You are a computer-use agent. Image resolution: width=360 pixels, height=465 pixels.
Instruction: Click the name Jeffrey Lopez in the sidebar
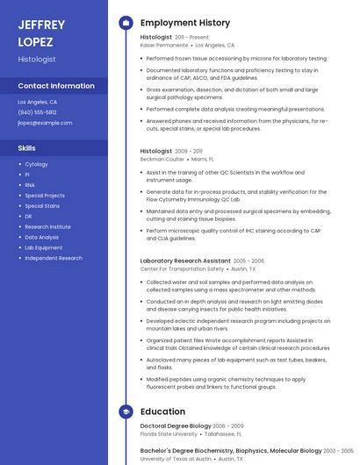pos(41,33)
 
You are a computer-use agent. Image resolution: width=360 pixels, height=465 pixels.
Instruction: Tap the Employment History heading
pos(185,23)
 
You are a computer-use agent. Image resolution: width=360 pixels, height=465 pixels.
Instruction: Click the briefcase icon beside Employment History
pos(126,23)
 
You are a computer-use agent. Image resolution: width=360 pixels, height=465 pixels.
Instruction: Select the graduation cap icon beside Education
pos(126,411)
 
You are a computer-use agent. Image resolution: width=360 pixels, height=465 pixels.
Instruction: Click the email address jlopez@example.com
pos(45,123)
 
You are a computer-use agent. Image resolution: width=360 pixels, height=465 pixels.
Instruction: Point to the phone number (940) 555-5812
pos(37,112)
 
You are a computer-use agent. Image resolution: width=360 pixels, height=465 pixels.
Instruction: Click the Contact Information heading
pos(56,86)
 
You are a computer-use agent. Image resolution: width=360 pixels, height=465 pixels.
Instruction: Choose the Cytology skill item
pos(36,164)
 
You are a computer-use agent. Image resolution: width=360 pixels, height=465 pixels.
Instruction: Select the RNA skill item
pos(30,185)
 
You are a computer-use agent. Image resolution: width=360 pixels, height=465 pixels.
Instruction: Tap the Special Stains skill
pos(42,205)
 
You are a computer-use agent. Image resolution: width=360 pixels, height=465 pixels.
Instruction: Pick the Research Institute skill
pos(47,226)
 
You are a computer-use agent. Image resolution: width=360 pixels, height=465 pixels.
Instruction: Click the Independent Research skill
pos(54,258)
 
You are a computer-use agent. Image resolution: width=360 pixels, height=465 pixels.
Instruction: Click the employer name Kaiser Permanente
pos(163,45)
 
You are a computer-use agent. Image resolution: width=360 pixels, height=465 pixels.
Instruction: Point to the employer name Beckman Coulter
pos(162,159)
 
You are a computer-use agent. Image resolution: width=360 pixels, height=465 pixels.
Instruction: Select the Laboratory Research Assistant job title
pos(185,261)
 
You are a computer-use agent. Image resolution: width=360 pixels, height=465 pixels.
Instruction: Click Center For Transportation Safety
pos(182,268)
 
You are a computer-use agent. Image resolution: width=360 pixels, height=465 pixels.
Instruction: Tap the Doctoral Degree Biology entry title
pos(176,426)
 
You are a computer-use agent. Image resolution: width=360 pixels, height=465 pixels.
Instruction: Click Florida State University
pos(169,433)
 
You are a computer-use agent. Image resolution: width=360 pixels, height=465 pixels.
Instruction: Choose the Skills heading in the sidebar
pos(26,148)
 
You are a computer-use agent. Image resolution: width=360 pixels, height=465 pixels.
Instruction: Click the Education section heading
pos(162,411)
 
